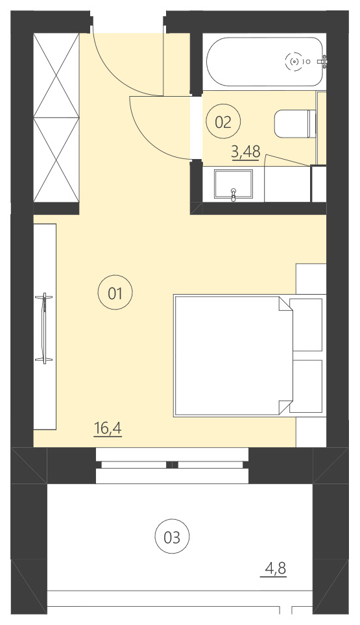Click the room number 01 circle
pos(115,292)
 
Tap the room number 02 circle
pos(223,121)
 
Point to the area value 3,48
pos(246,153)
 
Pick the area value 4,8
pos(275,569)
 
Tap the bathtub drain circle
pos(294,62)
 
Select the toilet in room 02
pos(294,124)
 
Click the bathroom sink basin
pos(234,185)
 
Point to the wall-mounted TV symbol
pos(45,328)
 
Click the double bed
pos(233,355)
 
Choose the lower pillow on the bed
pos(306,386)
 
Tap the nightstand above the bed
pos(311,279)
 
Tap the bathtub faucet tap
pos(323,62)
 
